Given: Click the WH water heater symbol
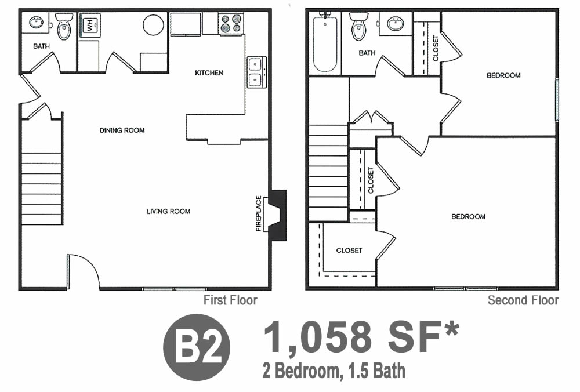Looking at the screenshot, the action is (90, 24).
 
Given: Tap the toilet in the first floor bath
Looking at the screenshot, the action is (64, 27).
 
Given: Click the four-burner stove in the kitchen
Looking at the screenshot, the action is (231, 23).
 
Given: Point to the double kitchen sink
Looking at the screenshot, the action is (256, 72).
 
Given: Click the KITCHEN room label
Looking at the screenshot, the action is (209, 73).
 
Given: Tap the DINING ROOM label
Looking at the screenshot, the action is (122, 130).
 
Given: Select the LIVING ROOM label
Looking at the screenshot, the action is (168, 212).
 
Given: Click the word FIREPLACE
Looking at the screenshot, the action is (259, 213).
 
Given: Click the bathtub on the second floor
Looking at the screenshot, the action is (325, 42).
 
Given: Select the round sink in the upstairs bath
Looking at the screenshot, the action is (396, 24).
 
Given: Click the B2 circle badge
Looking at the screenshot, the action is (197, 347).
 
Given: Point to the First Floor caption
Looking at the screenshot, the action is (230, 300).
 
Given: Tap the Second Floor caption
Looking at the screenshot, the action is (523, 300).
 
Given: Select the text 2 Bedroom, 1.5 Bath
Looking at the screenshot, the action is (334, 371).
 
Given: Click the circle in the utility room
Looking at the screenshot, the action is (154, 25).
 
